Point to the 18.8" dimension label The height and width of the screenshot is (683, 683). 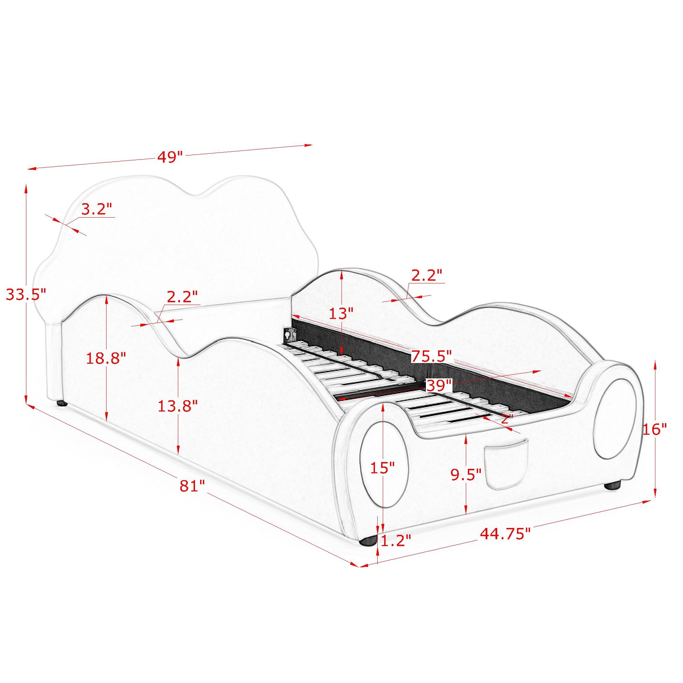[106, 359]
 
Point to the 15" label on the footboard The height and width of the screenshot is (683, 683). [382, 468]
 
